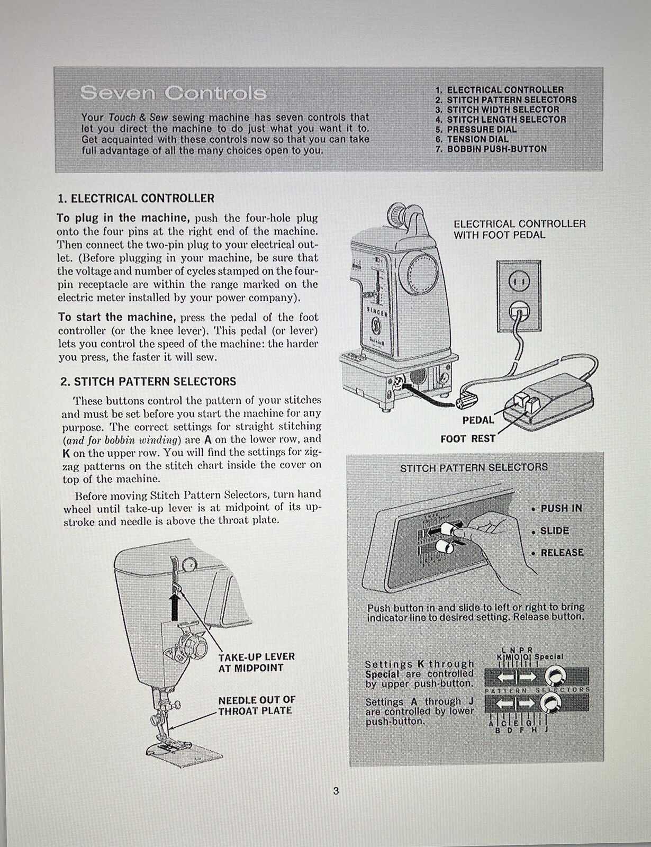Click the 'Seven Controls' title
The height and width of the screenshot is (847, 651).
click(173, 93)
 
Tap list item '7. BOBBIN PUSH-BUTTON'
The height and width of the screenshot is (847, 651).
click(491, 149)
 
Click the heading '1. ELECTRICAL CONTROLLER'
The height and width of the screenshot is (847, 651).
click(136, 199)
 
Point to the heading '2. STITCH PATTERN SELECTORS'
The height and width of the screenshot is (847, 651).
click(148, 382)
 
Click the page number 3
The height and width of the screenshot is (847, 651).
click(336, 791)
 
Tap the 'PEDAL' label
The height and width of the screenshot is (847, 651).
click(478, 420)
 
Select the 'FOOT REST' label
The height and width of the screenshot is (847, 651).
click(468, 439)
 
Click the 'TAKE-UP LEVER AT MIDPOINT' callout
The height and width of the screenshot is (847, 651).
click(256, 662)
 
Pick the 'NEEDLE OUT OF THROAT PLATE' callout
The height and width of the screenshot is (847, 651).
click(256, 705)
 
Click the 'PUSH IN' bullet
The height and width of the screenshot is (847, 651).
click(560, 508)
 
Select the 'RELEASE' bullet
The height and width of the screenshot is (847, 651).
click(561, 553)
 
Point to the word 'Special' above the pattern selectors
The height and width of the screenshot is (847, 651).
click(549, 656)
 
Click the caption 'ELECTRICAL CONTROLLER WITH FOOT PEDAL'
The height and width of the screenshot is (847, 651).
click(519, 229)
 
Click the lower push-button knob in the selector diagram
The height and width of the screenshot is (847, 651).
click(550, 703)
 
